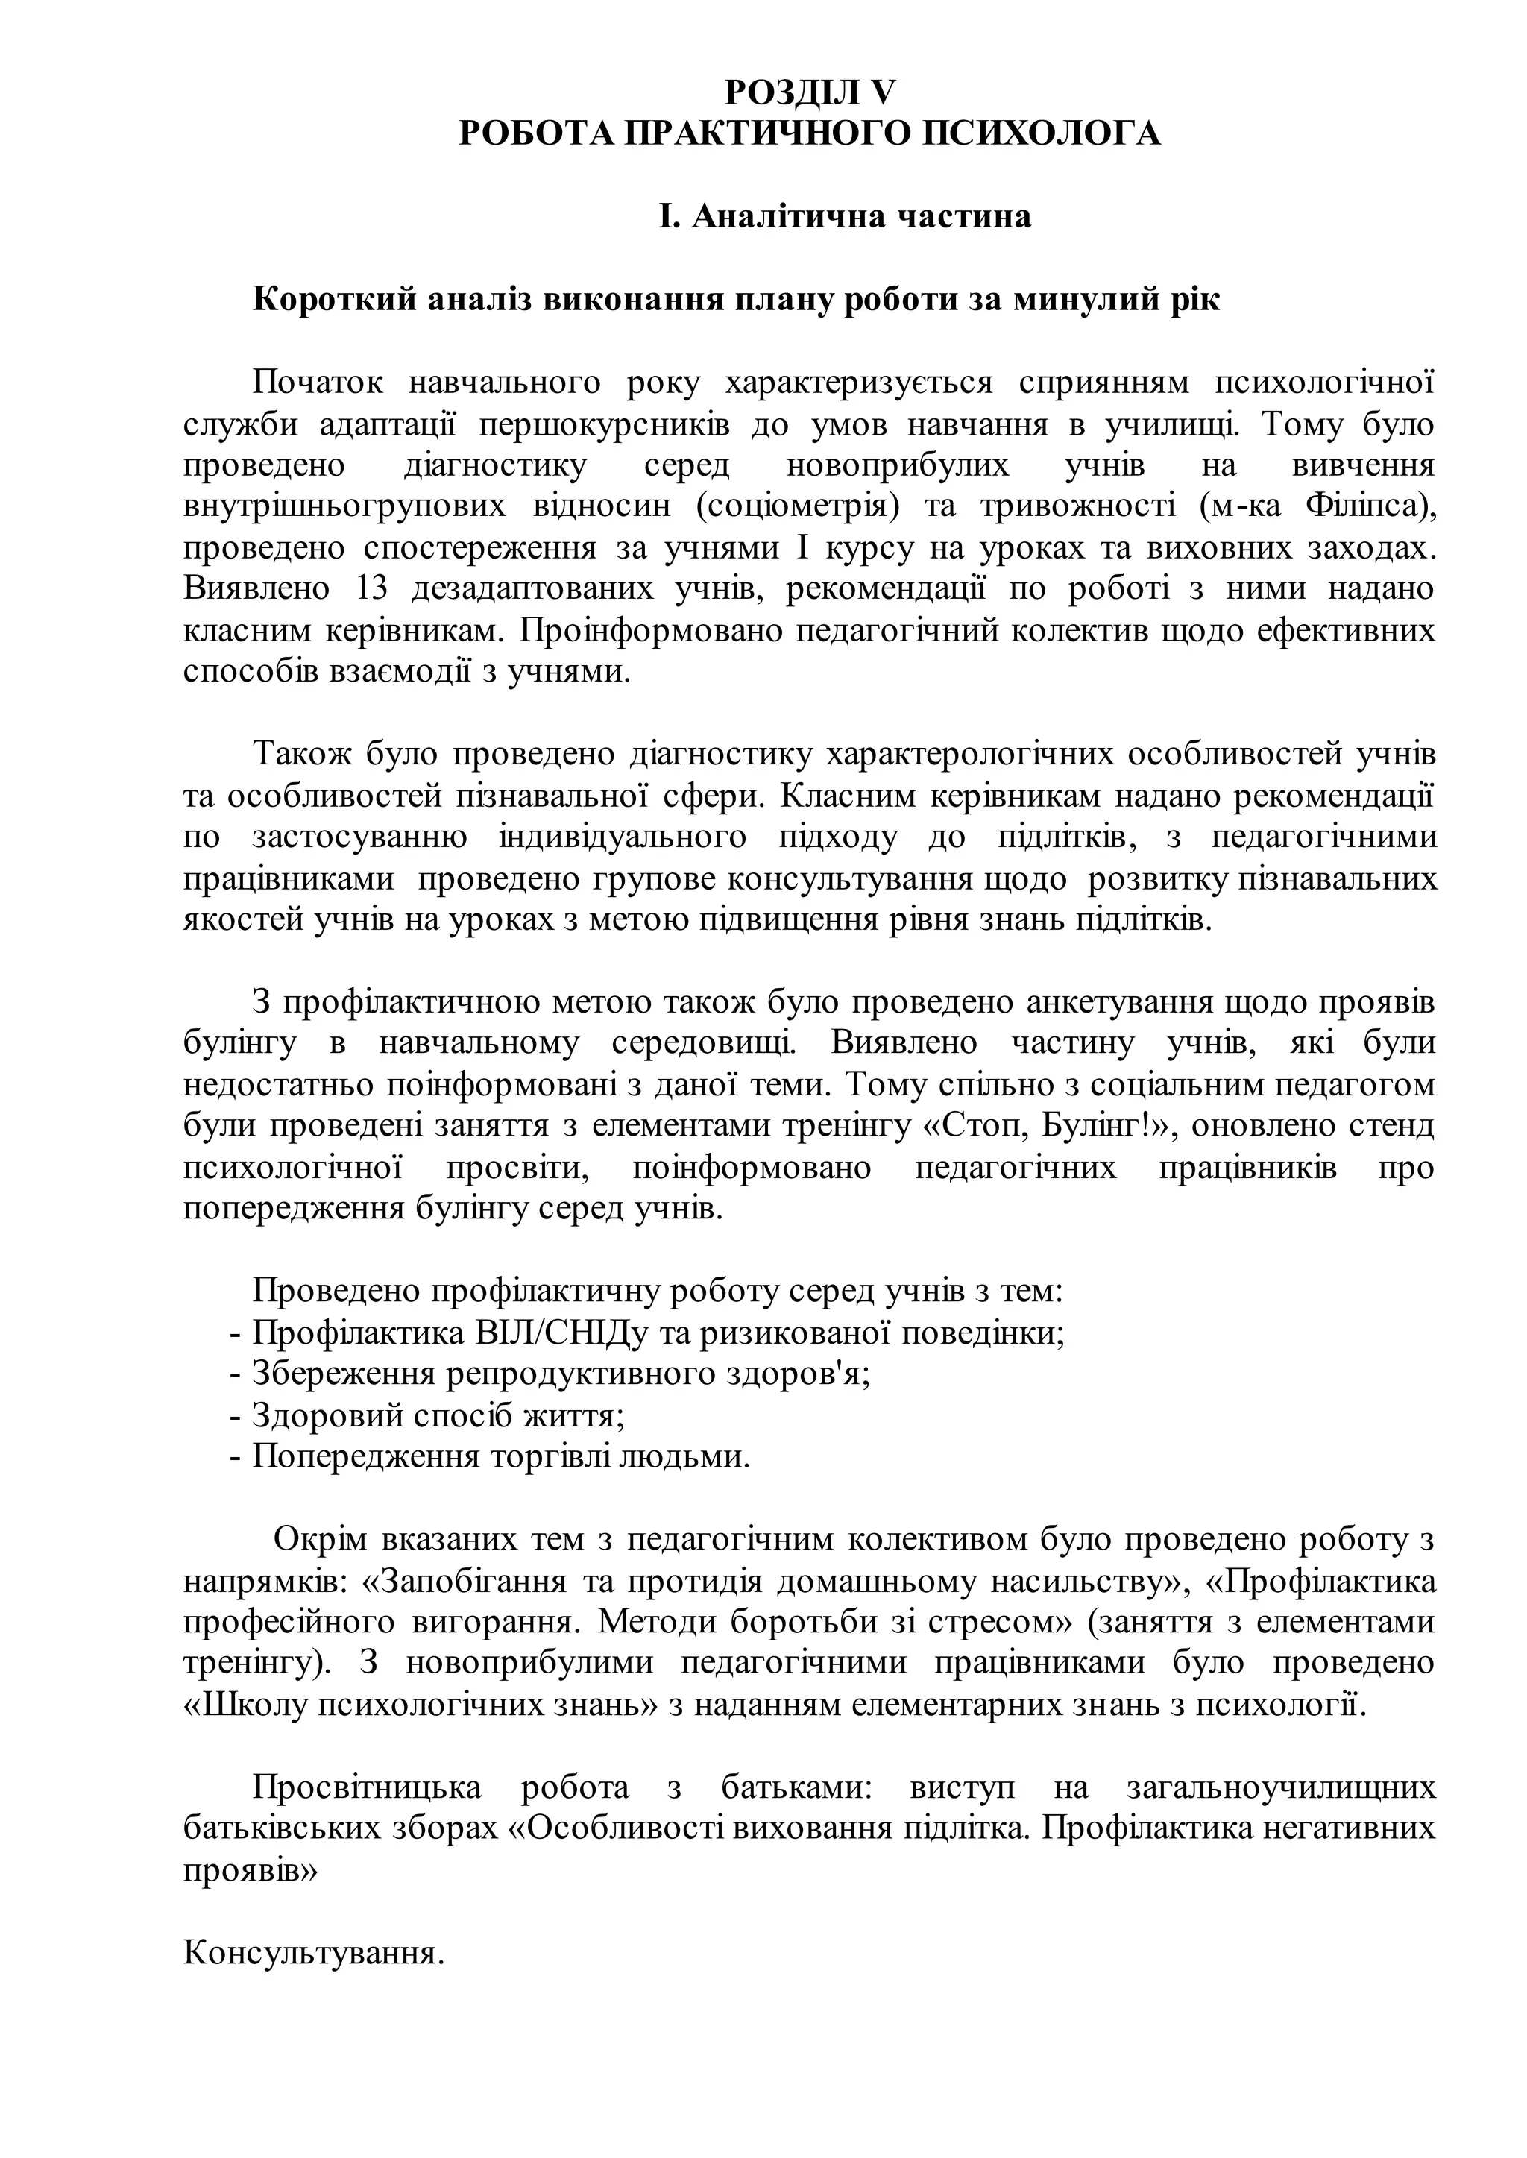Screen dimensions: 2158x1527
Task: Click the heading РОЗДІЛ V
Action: point(810,92)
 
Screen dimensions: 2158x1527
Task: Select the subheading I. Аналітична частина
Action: point(843,216)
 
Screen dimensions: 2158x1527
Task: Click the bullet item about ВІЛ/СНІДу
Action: point(658,1333)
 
